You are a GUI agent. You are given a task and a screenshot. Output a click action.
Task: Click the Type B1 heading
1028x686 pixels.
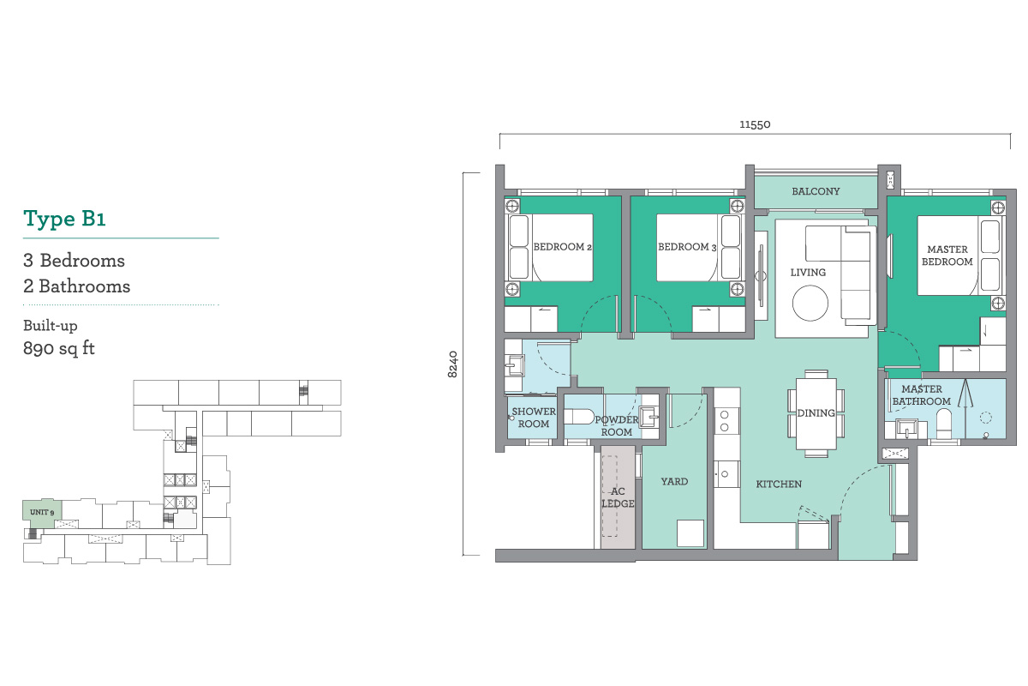64,219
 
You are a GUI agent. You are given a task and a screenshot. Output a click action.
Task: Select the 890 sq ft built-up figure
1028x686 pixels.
59,348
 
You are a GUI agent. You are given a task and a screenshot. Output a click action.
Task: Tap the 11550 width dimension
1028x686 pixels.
755,124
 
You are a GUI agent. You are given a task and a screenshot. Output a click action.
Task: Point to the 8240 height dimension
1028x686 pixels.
452,364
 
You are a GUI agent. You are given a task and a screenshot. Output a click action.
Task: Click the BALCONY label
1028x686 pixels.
816,191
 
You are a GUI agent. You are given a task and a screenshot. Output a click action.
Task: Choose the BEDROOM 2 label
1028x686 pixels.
562,247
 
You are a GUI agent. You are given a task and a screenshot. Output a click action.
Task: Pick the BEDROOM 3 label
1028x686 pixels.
687,247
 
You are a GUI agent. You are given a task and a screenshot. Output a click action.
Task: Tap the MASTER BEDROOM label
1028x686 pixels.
947,256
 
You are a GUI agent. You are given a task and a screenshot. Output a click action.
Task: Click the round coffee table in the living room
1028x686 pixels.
810,304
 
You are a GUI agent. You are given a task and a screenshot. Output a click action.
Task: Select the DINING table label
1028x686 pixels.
816,413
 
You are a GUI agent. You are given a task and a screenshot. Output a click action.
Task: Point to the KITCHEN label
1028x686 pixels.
779,484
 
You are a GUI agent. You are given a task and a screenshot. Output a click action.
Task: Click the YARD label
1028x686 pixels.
674,482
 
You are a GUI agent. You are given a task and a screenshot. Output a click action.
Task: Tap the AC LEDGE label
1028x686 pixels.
618,497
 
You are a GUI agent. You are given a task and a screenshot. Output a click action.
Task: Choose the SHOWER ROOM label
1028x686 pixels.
534,418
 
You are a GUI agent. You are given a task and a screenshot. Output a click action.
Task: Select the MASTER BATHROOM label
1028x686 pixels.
922,395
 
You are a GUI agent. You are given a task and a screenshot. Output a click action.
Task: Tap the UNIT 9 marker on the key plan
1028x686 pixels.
42,512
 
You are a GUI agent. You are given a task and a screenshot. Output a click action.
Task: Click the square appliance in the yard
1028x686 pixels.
690,533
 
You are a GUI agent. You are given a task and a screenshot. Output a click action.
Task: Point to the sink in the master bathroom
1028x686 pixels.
906,429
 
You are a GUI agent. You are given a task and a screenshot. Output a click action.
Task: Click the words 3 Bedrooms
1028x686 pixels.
74,261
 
